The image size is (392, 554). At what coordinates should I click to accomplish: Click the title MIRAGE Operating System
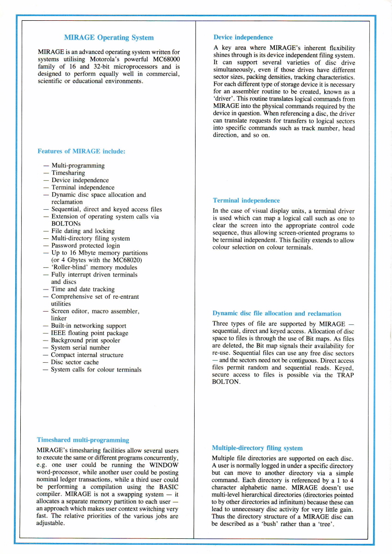[x=109, y=38]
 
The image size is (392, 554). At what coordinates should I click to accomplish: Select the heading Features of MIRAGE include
[x=81, y=151]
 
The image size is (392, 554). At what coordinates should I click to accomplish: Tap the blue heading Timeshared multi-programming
[x=83, y=440]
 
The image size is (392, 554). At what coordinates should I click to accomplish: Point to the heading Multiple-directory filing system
[x=257, y=448]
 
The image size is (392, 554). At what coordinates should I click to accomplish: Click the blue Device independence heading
[x=243, y=37]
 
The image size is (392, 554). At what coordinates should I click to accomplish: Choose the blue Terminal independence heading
[x=246, y=200]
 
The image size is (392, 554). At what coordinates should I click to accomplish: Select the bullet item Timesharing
[x=68, y=173]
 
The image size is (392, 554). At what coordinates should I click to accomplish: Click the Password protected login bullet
[x=85, y=246]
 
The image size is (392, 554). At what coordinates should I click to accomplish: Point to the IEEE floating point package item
[x=89, y=333]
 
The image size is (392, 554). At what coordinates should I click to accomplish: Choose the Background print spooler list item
[x=85, y=341]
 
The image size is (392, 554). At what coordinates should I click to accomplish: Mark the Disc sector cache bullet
[x=75, y=362]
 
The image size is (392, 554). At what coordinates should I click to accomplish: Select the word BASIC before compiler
[x=168, y=487]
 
